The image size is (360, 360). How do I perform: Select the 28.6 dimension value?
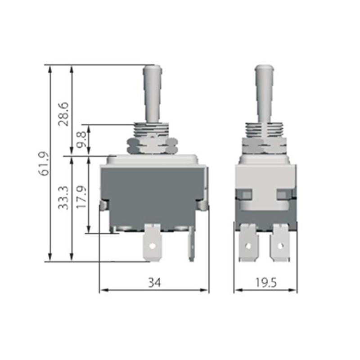pyautogui.click(x=64, y=113)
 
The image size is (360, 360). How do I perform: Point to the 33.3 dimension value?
pyautogui.click(x=64, y=198)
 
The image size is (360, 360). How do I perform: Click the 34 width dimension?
pyautogui.click(x=154, y=282)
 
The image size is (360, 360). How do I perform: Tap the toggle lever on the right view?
pyautogui.click(x=264, y=92)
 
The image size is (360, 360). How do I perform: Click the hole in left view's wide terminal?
pyautogui.click(x=153, y=246)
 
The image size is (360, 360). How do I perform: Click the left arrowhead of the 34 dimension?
pyautogui.click(x=102, y=290)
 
